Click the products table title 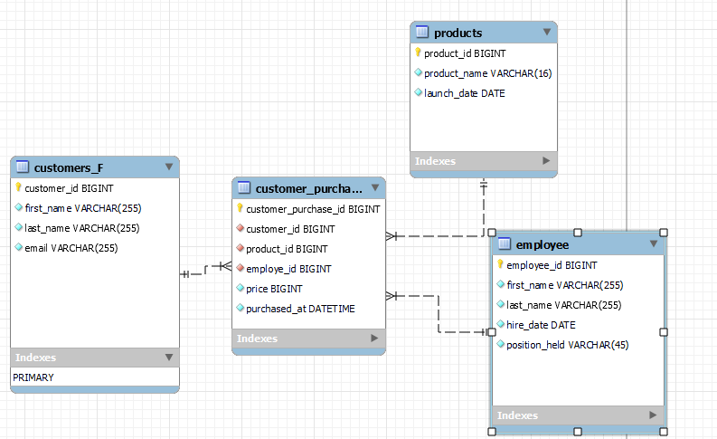pos(458,33)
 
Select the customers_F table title pos(68,167)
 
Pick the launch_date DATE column pos(465,93)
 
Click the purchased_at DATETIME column pos(300,309)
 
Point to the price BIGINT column pos(274,289)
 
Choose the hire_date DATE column pos(541,325)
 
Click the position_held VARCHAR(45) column pos(567,345)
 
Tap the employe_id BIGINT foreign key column pos(288,269)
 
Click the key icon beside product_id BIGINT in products pos(419,53)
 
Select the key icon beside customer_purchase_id pos(241,208)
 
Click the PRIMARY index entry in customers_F pos(33,377)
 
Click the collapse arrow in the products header pos(547,33)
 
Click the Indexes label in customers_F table pos(35,358)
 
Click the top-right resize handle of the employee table pos(665,233)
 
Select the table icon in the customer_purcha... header pos(244,188)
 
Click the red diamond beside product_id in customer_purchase pos(241,249)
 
